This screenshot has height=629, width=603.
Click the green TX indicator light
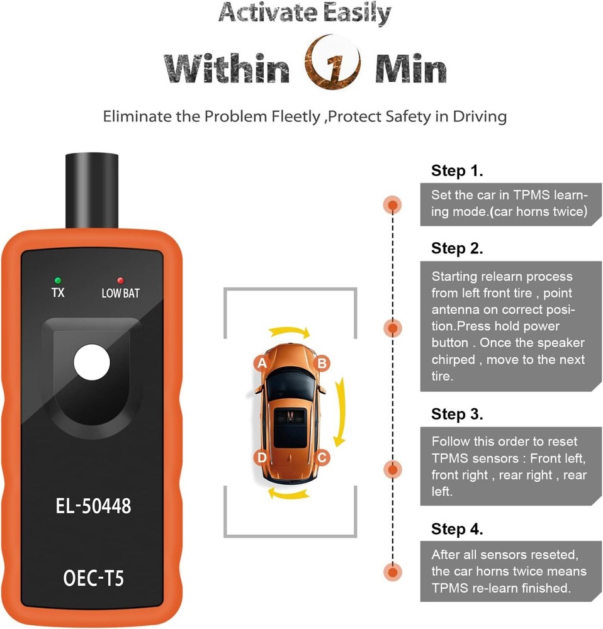(58, 280)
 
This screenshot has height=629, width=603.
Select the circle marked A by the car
(262, 363)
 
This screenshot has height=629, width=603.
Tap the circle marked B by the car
(322, 363)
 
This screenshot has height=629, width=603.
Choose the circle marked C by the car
(322, 457)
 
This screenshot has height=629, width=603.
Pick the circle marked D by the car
(262, 457)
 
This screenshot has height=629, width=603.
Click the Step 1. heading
(457, 170)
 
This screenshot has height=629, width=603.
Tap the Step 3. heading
(457, 414)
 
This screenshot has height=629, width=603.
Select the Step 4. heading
(457, 529)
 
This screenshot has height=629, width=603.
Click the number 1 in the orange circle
(332, 67)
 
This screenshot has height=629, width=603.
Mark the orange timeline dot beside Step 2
(393, 328)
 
